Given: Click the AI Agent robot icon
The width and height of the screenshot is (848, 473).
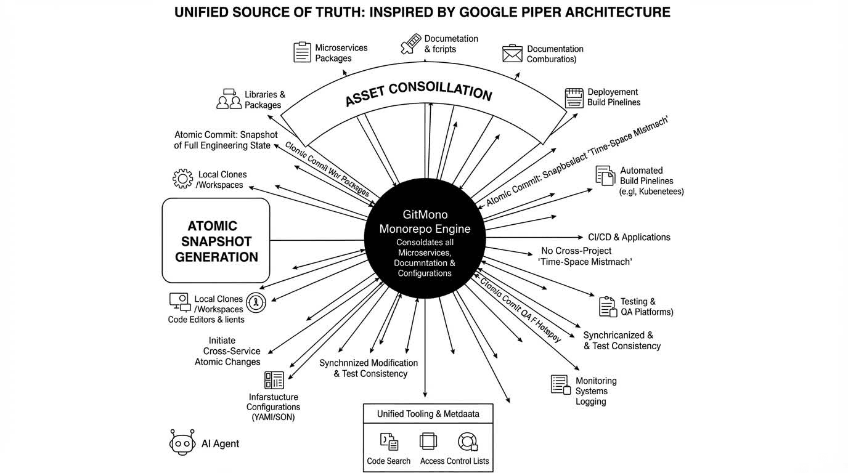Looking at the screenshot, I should (x=182, y=442).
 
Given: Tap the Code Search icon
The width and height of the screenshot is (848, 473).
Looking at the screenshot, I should (x=388, y=441).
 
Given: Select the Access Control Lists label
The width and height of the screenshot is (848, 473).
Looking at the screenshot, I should (x=454, y=461).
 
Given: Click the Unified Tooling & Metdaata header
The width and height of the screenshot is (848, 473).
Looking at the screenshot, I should (x=428, y=414).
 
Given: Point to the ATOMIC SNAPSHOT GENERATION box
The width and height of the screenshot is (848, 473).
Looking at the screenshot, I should (x=216, y=241).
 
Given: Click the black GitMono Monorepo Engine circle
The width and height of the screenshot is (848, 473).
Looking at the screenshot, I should (x=425, y=240).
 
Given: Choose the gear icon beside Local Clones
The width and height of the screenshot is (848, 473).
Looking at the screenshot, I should (x=183, y=179).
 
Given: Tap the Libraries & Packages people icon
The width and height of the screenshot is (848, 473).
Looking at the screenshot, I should (x=229, y=99).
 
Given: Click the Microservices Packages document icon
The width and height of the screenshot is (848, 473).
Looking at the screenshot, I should (x=302, y=52).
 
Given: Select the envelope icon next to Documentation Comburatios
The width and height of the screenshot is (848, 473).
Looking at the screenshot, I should (x=512, y=54).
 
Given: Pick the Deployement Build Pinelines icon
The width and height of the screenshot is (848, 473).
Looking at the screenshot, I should (x=574, y=97).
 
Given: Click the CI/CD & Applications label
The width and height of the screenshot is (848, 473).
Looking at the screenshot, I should (x=629, y=237).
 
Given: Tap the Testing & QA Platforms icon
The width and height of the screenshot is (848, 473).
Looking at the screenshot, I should (x=608, y=306).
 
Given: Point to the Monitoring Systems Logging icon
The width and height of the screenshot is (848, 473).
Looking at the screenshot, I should (x=560, y=385).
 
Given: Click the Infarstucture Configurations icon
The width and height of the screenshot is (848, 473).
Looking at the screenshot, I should (x=274, y=380).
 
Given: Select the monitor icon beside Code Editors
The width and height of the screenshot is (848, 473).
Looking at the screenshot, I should (x=179, y=301).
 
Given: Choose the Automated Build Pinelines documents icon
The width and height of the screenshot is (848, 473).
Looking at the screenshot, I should (x=605, y=176).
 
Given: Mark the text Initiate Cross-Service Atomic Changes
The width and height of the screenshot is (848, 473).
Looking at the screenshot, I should (x=227, y=351).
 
